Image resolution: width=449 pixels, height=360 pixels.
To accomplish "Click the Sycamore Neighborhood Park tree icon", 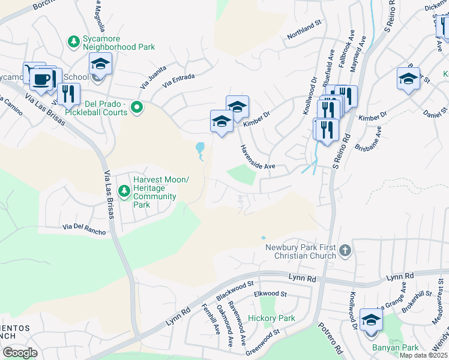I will [x=74, y=41].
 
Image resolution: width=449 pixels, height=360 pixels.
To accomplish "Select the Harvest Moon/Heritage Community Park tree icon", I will [x=124, y=191].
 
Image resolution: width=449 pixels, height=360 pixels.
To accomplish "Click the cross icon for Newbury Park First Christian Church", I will [x=345, y=250].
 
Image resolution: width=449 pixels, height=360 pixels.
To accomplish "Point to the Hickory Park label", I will [x=271, y=318].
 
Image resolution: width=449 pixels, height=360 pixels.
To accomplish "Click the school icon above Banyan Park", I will [x=371, y=320].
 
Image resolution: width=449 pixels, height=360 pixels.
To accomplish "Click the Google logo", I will [x=20, y=353].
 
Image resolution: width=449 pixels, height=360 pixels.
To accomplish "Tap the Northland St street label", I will [x=305, y=35].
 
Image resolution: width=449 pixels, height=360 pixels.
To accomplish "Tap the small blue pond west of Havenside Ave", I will [x=199, y=147].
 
